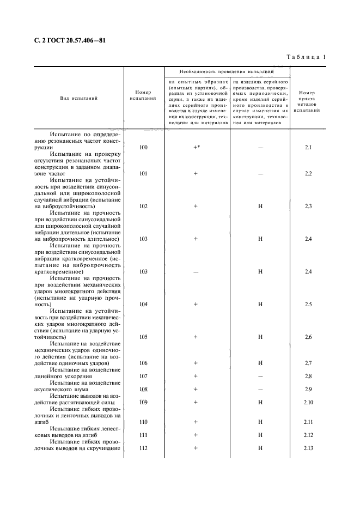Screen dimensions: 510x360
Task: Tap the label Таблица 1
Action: (306, 57)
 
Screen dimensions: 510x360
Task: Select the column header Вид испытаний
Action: (79, 99)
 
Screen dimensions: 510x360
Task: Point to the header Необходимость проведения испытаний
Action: (227, 72)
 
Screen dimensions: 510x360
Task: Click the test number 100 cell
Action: (143, 148)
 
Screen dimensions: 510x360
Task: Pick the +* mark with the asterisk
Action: (196, 148)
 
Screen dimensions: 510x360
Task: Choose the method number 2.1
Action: (308, 148)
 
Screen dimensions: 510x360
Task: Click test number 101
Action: (143, 174)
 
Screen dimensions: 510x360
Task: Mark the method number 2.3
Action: (308, 207)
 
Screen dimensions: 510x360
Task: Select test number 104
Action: (143, 304)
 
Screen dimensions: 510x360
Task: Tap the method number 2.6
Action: (308, 337)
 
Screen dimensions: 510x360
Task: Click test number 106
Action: (143, 363)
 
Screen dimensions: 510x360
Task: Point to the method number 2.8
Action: (308, 376)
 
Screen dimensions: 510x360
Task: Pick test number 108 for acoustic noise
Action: (143, 389)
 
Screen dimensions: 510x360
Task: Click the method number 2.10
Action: (308, 402)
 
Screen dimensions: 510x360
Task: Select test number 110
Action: (143, 422)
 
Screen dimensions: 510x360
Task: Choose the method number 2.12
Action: (308, 435)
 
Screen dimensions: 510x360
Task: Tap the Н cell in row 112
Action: (260, 448)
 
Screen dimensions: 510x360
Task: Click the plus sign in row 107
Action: (195, 376)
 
